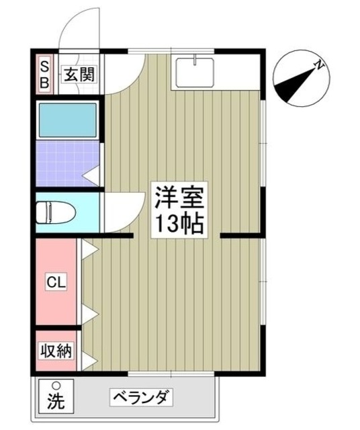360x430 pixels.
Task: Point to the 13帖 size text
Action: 179,222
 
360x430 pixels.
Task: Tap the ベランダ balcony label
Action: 142,397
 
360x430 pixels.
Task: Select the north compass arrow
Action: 296,81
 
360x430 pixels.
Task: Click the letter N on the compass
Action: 321,65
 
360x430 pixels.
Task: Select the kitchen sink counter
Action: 193,73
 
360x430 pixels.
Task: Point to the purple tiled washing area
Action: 64,165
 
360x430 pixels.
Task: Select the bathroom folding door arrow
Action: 93,175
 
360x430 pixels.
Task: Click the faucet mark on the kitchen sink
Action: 193,61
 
